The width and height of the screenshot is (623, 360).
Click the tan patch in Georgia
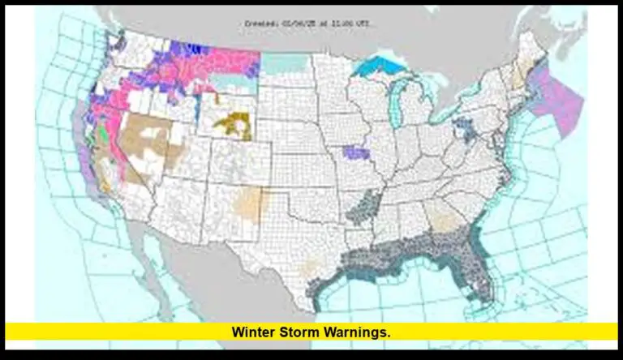(442, 215)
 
